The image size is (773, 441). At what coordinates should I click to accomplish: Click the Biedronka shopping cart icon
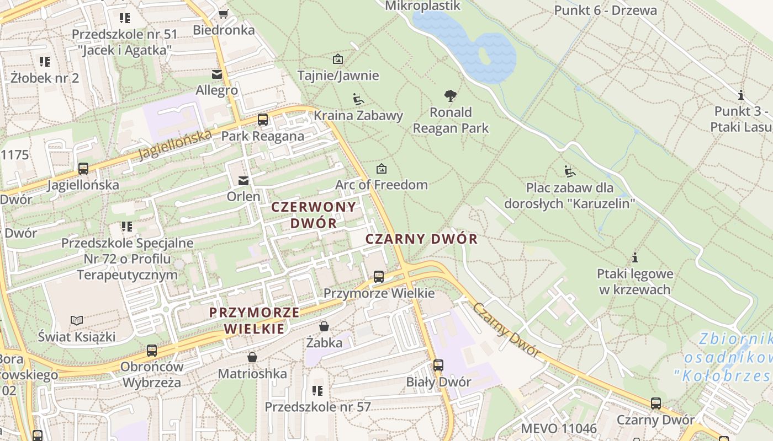[223, 14]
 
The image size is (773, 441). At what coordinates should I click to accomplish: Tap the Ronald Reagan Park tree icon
[451, 96]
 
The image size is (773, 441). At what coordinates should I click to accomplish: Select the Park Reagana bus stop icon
[263, 120]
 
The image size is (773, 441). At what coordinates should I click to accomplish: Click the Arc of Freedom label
[382, 185]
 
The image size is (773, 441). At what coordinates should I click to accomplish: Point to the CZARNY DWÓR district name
[421, 239]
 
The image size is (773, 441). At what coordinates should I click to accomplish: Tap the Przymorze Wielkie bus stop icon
[379, 277]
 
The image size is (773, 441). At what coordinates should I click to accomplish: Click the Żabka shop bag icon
[324, 326]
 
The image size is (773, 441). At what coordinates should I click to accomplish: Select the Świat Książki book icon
[77, 320]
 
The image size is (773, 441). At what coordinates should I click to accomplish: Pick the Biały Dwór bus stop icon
[438, 365]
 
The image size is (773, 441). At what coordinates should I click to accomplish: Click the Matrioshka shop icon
[252, 358]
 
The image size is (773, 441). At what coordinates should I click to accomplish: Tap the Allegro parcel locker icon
[217, 74]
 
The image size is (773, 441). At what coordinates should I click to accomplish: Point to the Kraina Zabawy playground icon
[358, 99]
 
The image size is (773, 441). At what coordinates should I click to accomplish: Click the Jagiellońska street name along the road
[175, 144]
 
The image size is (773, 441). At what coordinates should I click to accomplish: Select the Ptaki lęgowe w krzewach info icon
[635, 257]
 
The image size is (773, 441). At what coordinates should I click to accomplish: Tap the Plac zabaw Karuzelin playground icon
[570, 171]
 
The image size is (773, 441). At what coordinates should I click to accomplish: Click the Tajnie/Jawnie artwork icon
[338, 59]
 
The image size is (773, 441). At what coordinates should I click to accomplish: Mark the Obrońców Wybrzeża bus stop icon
[152, 351]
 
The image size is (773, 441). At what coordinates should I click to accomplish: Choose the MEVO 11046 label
[559, 428]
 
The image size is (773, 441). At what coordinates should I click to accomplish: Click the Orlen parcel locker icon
[243, 180]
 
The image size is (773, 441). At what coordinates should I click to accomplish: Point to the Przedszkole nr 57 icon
[317, 391]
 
